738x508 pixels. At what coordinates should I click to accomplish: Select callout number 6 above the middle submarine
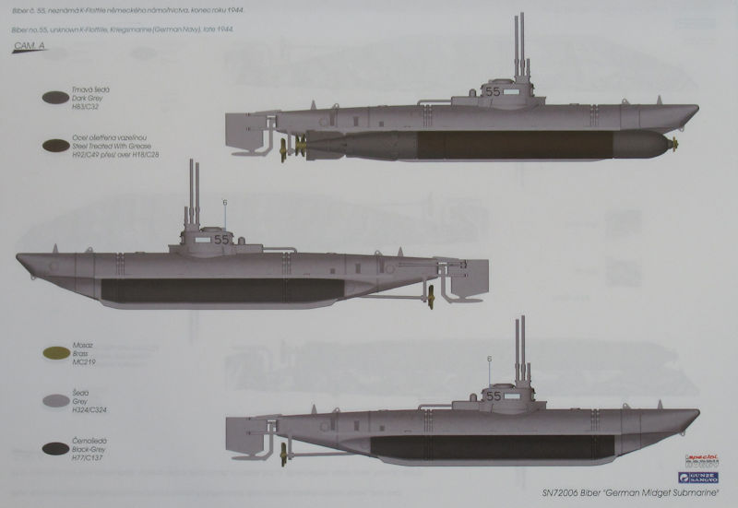223,202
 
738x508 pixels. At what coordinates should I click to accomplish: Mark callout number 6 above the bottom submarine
489,359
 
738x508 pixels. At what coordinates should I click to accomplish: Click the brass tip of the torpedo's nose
674,143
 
